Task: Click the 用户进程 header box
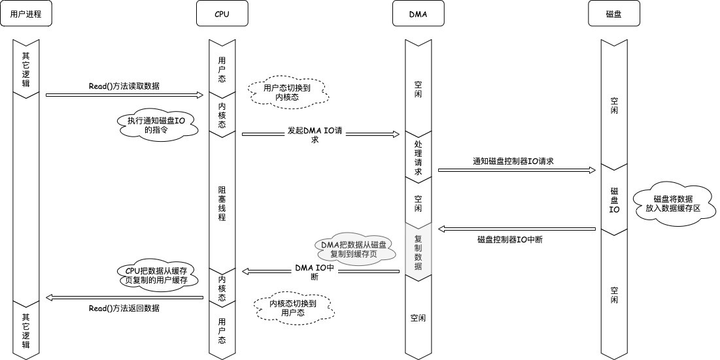point(26,14)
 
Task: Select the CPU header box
point(222,14)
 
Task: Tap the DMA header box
point(419,14)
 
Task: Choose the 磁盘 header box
point(614,14)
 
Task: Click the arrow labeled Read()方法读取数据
point(124,95)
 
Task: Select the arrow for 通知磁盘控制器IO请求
point(517,170)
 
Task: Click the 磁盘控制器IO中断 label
point(510,240)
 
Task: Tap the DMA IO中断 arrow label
point(315,271)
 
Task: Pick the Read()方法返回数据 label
point(124,308)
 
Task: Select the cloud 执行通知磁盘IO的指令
point(158,125)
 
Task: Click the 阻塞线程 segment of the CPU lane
point(222,203)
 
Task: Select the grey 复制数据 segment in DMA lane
point(419,249)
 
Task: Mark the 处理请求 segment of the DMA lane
point(419,157)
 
